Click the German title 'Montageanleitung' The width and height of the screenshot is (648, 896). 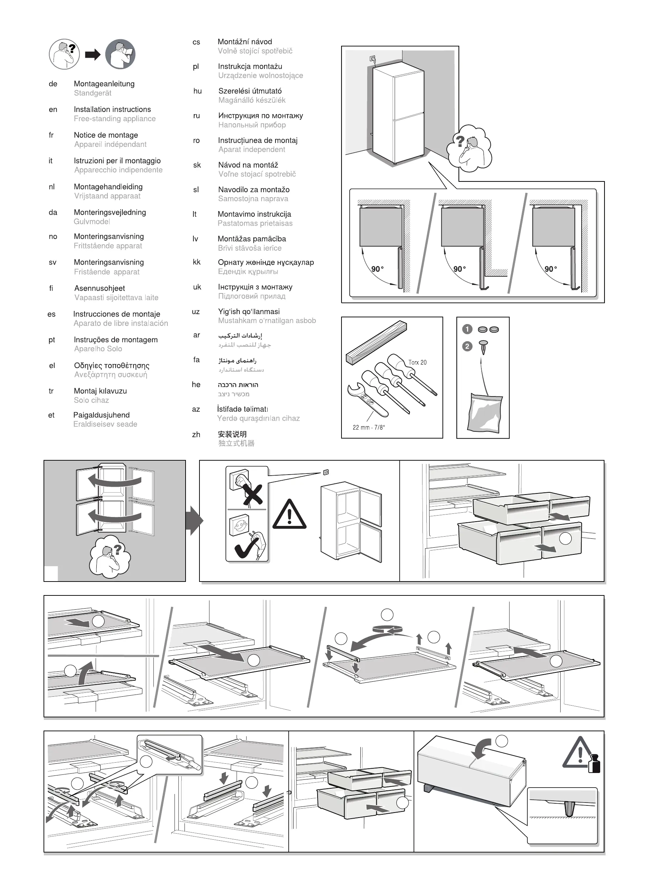(104, 84)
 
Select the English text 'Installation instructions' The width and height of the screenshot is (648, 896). (112, 109)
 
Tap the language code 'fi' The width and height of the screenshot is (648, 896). (51, 288)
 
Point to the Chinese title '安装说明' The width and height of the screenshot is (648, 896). (232, 434)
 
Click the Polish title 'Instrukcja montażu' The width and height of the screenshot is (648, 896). (250, 66)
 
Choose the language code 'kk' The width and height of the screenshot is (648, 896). (197, 262)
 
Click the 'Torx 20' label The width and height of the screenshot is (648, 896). (417, 362)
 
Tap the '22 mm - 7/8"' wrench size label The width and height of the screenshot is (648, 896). (369, 427)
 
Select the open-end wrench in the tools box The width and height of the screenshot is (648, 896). (363, 398)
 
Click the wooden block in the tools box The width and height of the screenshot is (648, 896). (376, 343)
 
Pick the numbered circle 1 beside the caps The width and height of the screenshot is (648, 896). (467, 329)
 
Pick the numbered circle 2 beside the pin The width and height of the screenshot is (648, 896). (467, 347)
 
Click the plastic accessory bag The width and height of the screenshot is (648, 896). (485, 413)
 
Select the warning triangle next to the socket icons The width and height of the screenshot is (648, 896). (289, 515)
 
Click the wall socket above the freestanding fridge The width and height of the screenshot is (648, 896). (326, 472)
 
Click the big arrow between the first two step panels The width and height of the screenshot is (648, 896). (194, 521)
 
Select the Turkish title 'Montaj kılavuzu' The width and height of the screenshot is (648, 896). (100, 391)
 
